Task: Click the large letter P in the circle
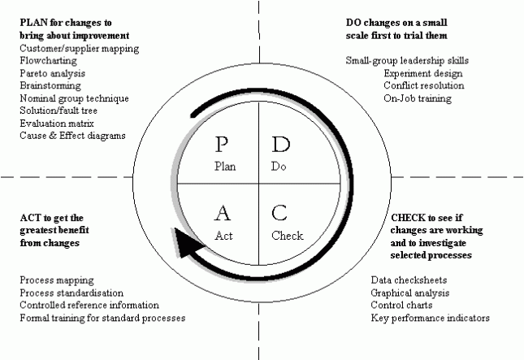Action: click(x=221, y=145)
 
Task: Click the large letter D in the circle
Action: click(x=281, y=145)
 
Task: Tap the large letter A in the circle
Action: click(x=223, y=213)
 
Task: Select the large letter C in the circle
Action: click(x=279, y=213)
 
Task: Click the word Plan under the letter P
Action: click(x=225, y=166)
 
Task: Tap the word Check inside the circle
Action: click(x=288, y=236)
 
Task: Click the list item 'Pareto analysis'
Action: click(x=53, y=73)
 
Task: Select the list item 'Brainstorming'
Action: click(x=50, y=85)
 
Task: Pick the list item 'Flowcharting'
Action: click(x=48, y=61)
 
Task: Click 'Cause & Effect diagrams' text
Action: click(x=72, y=136)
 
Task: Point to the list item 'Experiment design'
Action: click(x=423, y=73)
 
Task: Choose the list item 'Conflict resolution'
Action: click(x=424, y=85)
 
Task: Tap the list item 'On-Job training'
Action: click(x=418, y=98)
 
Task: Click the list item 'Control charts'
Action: click(x=401, y=305)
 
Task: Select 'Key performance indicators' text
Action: click(x=430, y=318)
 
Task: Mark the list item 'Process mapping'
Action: click(x=57, y=280)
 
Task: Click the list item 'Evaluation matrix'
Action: click(x=57, y=124)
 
